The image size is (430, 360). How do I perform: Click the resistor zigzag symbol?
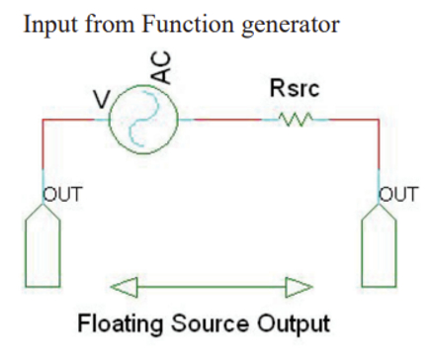pos(296,120)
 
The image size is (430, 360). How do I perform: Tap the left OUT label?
pos(58,194)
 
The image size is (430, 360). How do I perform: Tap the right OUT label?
pos(396,194)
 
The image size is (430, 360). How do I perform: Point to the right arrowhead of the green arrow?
pos(299,286)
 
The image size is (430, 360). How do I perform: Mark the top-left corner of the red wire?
pos(42,120)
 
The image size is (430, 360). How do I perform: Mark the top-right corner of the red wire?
pos(380,120)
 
